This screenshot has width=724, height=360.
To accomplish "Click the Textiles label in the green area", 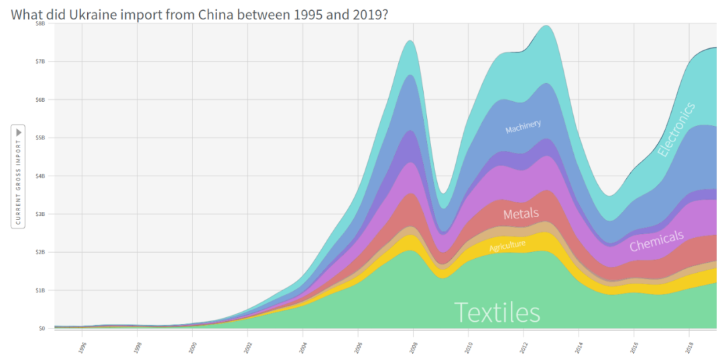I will click(497, 312).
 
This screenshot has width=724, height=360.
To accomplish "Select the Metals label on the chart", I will click(521, 214).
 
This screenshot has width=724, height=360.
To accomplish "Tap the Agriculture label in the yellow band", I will click(507, 246).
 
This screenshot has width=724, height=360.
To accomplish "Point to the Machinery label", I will click(523, 126).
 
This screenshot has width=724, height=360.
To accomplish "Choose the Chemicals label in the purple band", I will click(656, 241).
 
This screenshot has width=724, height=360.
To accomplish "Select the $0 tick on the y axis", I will click(41, 328).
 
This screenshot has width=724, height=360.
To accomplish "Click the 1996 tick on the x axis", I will click(82, 347).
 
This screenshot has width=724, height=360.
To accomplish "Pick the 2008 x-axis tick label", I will click(413, 347).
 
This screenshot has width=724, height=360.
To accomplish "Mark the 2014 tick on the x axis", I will click(579, 347).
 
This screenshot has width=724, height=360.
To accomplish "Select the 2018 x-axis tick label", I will click(689, 347).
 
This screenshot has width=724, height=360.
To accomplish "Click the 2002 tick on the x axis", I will click(247, 347).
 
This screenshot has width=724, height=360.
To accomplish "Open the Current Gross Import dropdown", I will click(18, 176).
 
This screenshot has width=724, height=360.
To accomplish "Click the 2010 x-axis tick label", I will click(469, 347).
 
